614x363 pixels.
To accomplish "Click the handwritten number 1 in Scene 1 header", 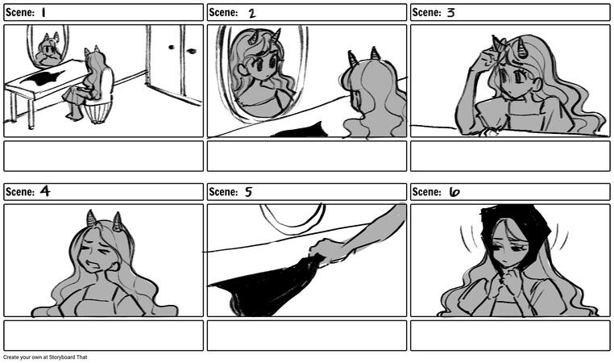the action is tap(44, 13).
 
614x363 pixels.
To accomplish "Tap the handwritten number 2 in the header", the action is tap(252, 14).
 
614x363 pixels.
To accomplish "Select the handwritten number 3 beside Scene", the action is tap(451, 13).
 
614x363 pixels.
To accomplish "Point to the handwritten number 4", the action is tap(45, 191).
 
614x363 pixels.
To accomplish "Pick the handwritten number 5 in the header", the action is tap(249, 192).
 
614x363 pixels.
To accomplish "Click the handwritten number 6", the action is tap(454, 192).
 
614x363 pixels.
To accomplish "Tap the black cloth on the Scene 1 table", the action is tap(42, 77).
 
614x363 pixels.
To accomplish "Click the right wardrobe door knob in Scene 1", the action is tap(192, 51).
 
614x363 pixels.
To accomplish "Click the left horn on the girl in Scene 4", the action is tap(91, 219).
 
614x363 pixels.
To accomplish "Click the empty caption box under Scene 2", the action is tap(307, 156).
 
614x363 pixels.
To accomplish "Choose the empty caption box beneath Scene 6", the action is tap(510, 336).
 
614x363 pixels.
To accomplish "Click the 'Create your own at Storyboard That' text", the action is tap(45, 357).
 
